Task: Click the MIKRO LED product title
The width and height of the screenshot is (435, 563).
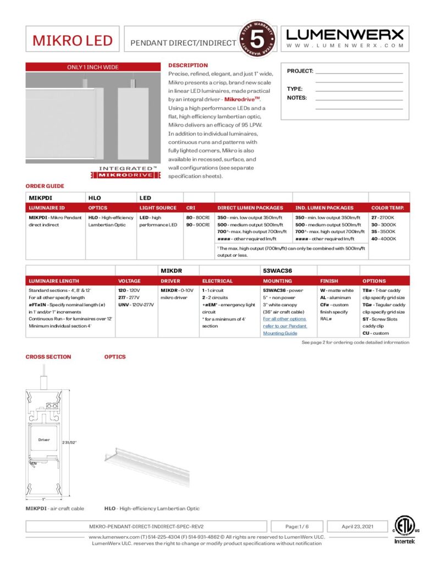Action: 72,40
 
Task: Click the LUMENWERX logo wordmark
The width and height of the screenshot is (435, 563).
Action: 345,35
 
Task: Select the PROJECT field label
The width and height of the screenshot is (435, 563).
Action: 300,71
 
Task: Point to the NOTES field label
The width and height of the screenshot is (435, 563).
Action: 297,98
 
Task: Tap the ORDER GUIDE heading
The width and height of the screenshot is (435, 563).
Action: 45,186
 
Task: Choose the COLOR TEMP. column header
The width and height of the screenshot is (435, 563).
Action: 388,208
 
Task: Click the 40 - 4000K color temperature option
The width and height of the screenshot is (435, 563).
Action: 383,239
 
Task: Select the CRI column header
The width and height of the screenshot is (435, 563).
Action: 190,208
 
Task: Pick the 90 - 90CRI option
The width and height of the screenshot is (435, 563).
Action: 198,225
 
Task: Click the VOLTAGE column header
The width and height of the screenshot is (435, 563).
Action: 130,281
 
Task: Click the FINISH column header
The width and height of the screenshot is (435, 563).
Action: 329,281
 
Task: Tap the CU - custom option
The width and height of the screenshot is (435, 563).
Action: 376,333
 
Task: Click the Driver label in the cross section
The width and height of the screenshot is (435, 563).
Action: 44,440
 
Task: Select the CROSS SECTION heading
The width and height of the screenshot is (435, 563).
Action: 48,357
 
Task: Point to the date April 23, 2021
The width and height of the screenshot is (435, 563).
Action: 357,526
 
